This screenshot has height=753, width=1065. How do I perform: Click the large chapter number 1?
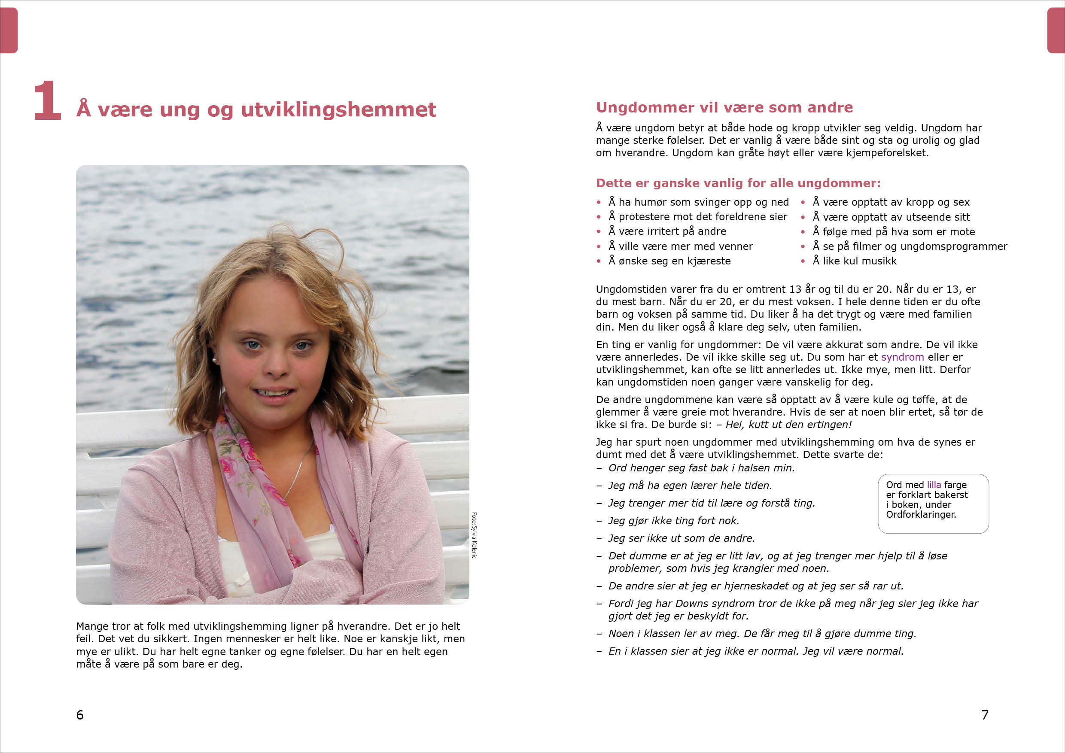pos(47,100)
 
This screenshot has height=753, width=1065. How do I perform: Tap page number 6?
pos(80,714)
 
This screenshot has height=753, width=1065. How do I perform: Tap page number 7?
pos(985,714)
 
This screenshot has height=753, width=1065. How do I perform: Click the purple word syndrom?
pos(902,357)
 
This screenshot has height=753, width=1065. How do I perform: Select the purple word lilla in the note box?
pos(934,485)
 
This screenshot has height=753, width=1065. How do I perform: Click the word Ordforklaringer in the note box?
pos(921,514)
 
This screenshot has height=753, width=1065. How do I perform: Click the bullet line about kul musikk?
pos(855,261)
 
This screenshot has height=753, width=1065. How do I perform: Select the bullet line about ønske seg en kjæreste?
pos(669,261)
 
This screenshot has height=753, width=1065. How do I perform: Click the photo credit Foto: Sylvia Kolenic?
pos(474,535)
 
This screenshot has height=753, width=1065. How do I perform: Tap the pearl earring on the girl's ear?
pos(215,359)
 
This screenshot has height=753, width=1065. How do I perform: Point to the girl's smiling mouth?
pos(274,393)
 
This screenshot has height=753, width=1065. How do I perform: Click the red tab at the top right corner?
pos(1056,30)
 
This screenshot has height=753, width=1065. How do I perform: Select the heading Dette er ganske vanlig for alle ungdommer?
pos(738,183)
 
